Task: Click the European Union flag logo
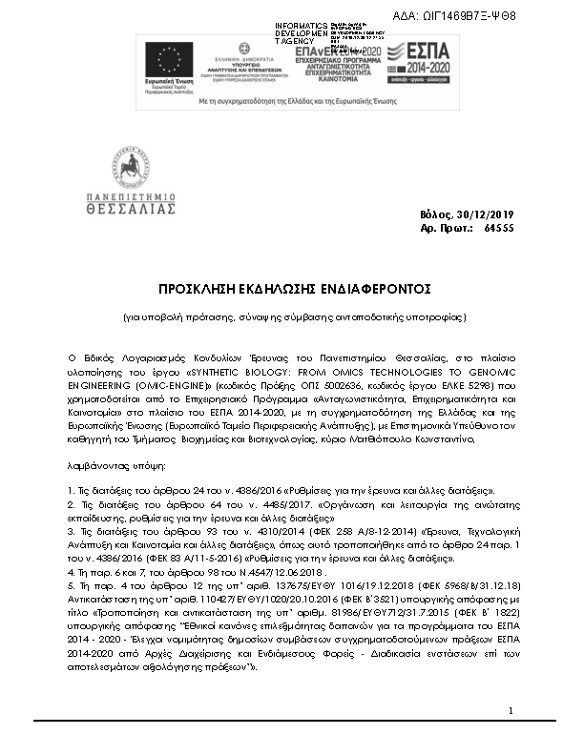169,61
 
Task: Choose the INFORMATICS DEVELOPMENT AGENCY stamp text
301,33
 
